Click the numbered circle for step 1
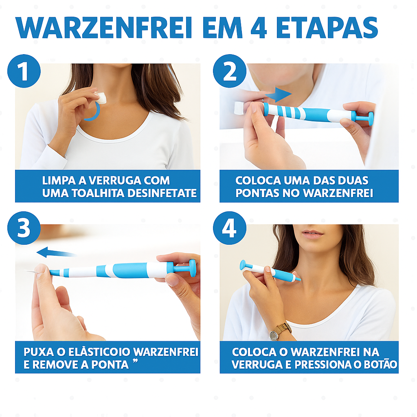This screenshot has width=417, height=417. [24, 71]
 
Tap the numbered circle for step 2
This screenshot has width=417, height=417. [230, 71]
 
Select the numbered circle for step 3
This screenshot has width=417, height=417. [24, 228]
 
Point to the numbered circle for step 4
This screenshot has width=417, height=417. [230, 228]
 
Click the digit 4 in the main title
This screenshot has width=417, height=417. [259, 28]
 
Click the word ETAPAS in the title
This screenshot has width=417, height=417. [327, 28]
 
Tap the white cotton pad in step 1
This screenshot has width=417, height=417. [101, 98]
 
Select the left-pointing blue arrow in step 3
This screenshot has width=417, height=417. [56, 252]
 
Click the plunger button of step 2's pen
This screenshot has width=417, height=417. [370, 119]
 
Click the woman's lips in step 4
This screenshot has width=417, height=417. [312, 234]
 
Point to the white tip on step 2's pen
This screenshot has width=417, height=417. [239, 108]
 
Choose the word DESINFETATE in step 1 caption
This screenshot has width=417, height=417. [162, 193]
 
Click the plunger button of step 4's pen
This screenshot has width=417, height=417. [243, 265]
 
